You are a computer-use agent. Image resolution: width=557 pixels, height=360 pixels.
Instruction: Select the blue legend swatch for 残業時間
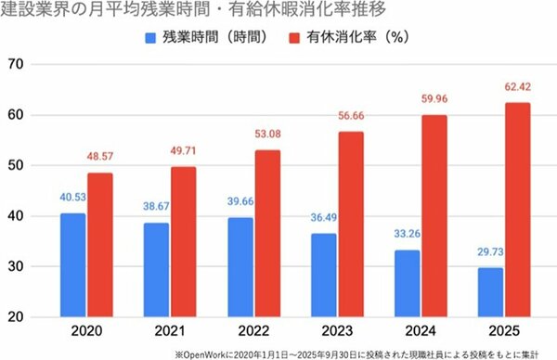coord(151,38)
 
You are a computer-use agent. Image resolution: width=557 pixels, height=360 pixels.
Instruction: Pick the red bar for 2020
coord(100,245)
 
